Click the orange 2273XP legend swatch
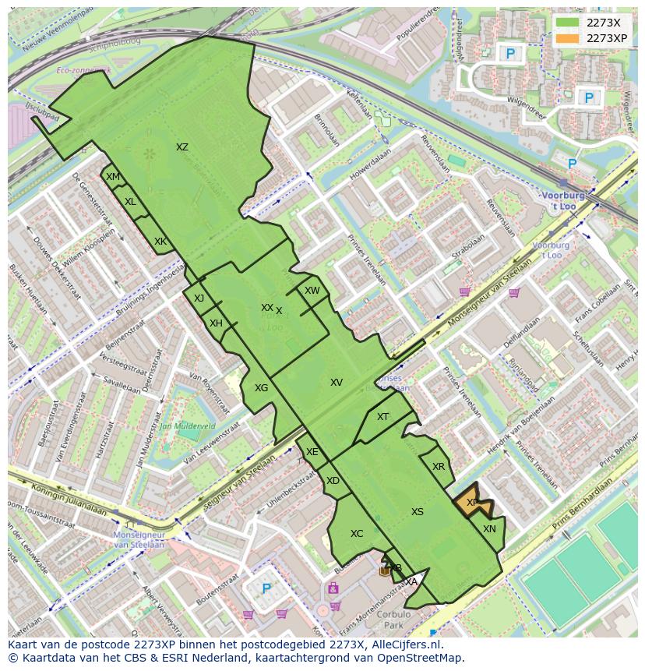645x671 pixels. pos(569,38)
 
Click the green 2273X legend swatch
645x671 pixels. pos(569,23)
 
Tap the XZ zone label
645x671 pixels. pos(182,147)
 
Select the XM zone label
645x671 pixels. pos(113,177)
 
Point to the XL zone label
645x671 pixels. pos(130,202)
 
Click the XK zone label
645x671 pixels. pos(160,242)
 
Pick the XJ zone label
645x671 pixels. pos(199,298)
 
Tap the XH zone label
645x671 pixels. pos(216,323)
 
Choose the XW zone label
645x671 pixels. pos(312,291)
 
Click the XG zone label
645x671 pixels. pos(261,388)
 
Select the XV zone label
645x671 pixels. pos(337,383)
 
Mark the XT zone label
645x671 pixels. pos(382,417)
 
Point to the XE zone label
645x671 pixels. pos(312,452)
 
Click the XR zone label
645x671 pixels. pos(438,467)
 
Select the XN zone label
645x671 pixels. pos(489,529)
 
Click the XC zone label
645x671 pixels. pos(357,534)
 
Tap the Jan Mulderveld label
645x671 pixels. pos(187,427)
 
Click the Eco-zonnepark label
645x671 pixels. pos(83,70)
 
